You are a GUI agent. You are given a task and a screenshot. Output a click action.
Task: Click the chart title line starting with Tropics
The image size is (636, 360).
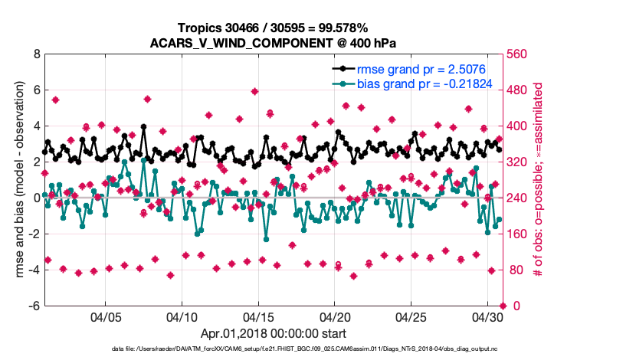tap(274, 28)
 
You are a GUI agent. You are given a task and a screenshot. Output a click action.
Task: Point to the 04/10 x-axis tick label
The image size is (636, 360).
tap(182, 316)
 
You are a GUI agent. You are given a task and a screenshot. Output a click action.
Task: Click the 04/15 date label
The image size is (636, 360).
tap(258, 316)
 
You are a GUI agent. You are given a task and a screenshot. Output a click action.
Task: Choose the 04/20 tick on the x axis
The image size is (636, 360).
tap(335, 316)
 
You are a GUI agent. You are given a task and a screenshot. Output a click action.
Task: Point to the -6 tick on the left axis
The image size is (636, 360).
tap(34, 306)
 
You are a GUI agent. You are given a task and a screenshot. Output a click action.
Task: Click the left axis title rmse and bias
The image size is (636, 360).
tap(18, 180)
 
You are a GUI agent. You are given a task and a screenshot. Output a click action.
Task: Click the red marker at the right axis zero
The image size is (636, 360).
tap(503, 306)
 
